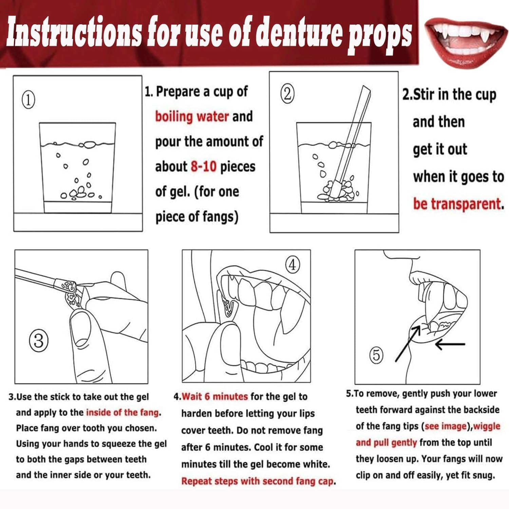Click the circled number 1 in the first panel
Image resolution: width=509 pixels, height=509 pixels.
click(28, 100)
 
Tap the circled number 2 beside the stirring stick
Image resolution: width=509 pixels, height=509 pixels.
click(287, 94)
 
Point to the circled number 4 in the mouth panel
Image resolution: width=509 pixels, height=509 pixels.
click(293, 264)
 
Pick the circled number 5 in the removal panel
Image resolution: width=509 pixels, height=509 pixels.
click(376, 355)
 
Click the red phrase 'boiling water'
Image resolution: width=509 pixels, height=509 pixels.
click(192, 116)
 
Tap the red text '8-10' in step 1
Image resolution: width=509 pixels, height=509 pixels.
click(204, 166)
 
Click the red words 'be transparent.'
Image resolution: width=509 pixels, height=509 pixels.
click(458, 204)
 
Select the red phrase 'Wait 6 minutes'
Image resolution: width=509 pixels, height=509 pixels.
click(215, 396)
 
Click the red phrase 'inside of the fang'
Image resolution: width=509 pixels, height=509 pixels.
click(124, 412)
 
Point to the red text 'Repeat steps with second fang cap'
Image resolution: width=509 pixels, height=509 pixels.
click(258, 481)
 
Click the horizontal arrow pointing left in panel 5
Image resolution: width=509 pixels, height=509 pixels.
click(450, 344)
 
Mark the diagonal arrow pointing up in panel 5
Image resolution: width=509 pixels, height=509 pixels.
click(407, 344)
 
